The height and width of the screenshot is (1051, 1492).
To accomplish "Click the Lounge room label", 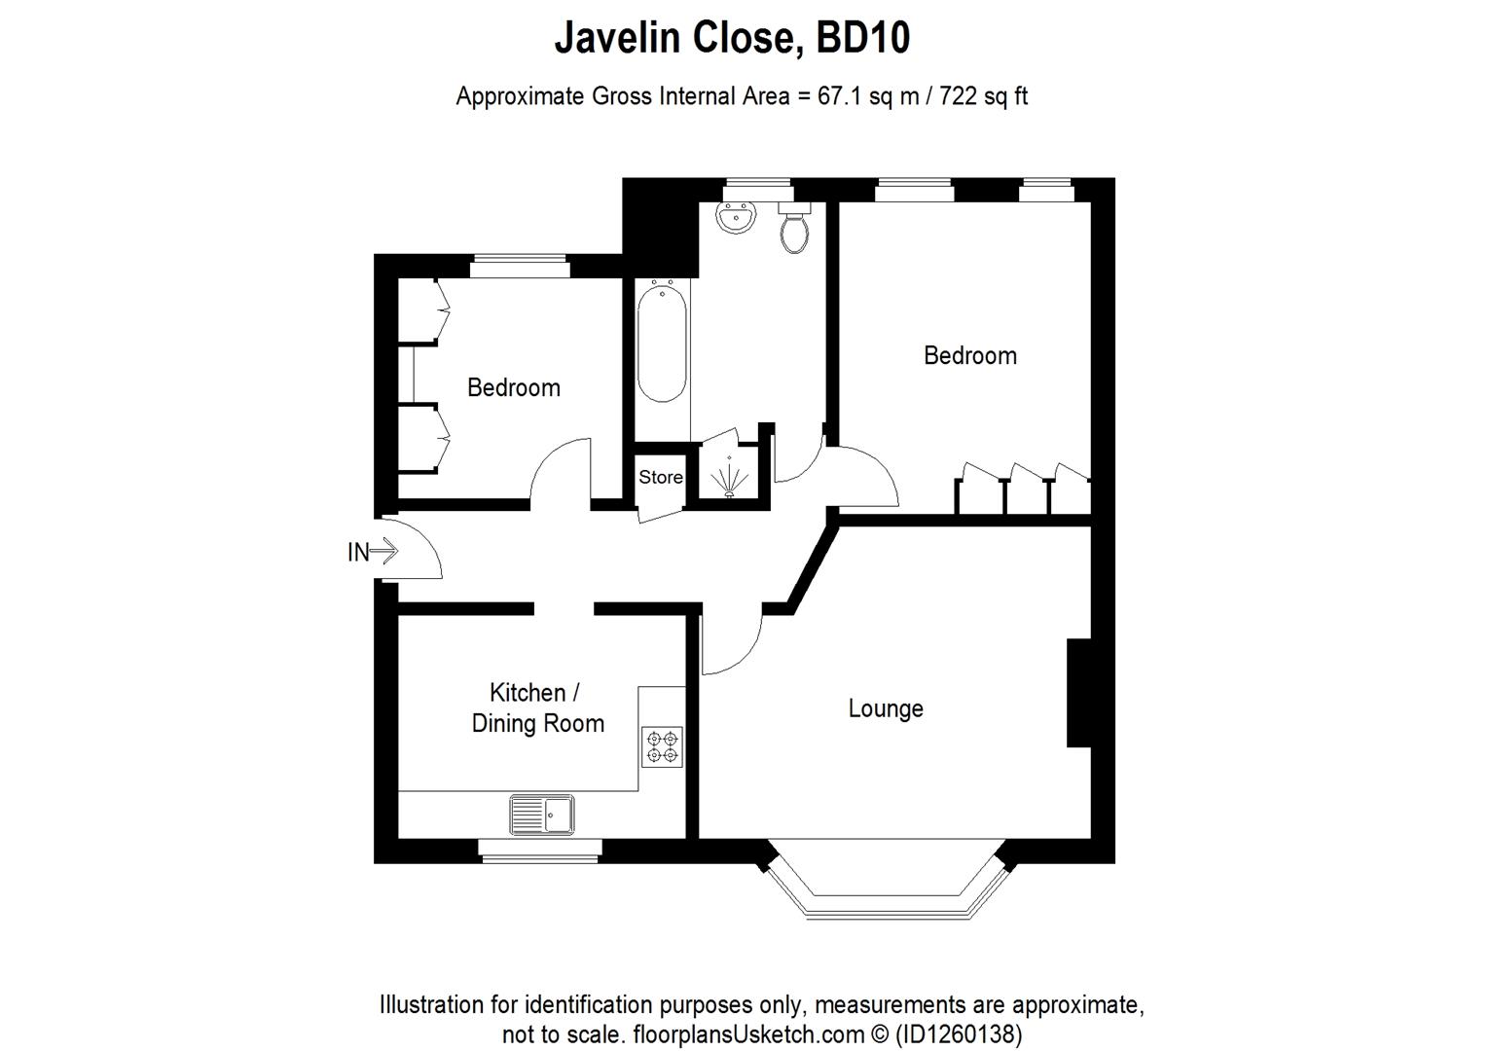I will tap(885, 708).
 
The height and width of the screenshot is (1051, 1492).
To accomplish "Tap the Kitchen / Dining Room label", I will tap(537, 707).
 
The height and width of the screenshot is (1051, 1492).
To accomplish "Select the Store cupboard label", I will tap(660, 477).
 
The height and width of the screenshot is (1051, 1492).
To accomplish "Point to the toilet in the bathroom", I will tap(794, 228).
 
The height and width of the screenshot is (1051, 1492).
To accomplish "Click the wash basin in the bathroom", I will tap(737, 218).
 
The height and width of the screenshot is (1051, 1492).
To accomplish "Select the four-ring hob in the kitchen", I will tap(663, 746).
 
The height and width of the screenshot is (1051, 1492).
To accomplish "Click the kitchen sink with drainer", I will tap(542, 815).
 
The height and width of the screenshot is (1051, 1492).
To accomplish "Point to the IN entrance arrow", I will tap(373, 553).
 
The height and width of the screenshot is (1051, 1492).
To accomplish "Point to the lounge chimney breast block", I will tap(1078, 693).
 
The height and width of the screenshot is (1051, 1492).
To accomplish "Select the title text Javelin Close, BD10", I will tap(732, 38).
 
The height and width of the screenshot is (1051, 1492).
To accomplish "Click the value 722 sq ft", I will tap(983, 96).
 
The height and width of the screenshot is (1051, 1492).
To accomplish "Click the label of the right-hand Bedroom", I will tap(969, 355).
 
